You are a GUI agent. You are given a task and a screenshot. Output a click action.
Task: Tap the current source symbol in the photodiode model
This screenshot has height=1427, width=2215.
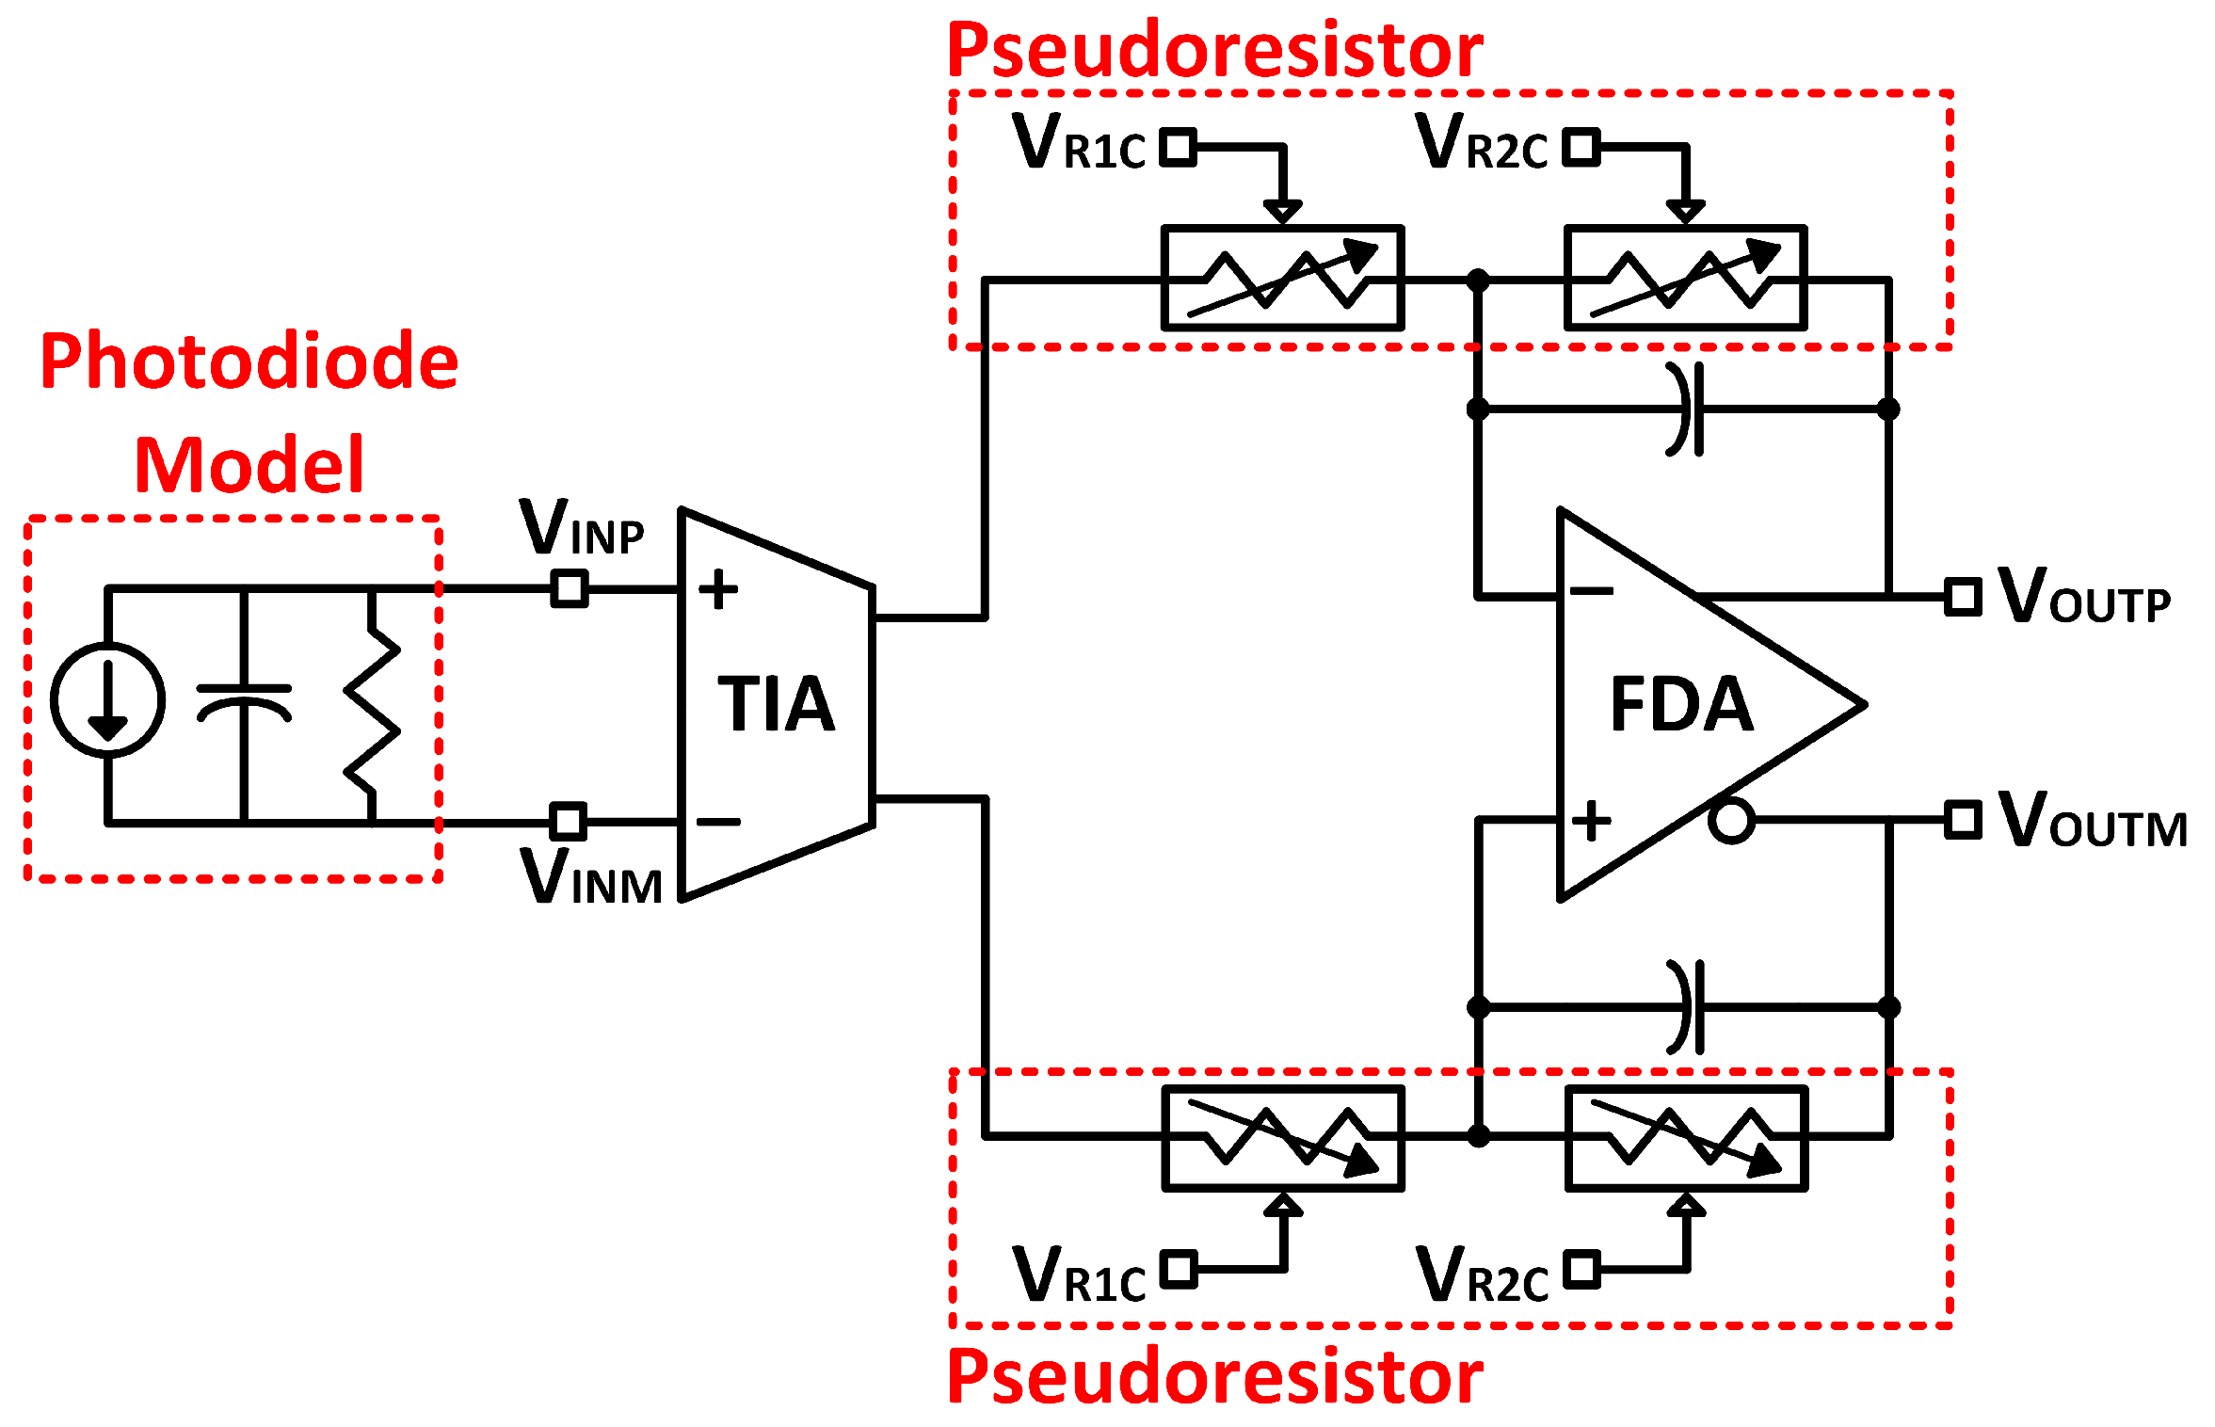tap(107, 699)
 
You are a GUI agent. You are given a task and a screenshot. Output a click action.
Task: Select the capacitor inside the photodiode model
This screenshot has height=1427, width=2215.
tap(244, 702)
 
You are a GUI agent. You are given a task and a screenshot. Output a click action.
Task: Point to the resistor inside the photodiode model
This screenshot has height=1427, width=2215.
tap(373, 704)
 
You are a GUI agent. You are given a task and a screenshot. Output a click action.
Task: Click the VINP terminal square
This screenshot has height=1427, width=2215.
tap(569, 589)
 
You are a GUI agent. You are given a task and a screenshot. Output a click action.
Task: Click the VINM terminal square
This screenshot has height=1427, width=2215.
tap(568, 821)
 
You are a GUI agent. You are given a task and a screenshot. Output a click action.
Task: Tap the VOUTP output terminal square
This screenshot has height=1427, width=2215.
tap(1963, 597)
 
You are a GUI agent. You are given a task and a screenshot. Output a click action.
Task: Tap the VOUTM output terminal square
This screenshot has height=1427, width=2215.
tap(1963, 820)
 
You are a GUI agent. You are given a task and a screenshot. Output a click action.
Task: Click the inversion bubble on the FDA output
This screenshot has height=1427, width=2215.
tap(1731, 820)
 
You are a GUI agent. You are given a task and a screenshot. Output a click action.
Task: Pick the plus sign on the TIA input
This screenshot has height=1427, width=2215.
tap(718, 590)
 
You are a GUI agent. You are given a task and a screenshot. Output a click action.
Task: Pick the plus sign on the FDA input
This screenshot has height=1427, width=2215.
tap(1592, 820)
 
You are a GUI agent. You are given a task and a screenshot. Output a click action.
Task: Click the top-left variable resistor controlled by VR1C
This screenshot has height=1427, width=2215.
tap(1283, 279)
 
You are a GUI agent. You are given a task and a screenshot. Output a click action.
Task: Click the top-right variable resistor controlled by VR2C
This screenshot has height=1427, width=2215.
tap(1685, 279)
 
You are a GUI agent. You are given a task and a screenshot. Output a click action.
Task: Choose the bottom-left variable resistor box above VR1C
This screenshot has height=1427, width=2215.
tap(1283, 1138)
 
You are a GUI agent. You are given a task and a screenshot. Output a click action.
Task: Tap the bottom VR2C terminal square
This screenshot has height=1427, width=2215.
tap(1581, 1268)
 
